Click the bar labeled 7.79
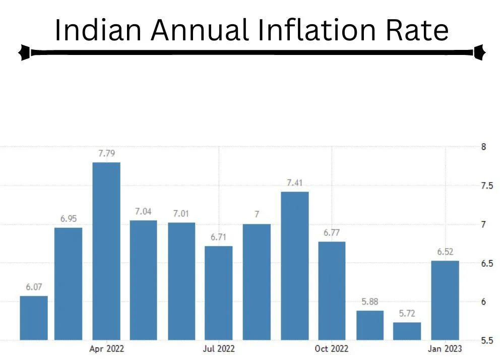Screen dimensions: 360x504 pyautogui.click(x=106, y=251)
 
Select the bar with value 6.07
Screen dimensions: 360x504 pyautogui.click(x=34, y=318)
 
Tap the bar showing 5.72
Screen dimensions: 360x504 pyautogui.click(x=407, y=331)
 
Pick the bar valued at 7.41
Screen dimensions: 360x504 pyautogui.click(x=294, y=265)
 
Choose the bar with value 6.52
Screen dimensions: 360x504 pyautogui.click(x=445, y=300)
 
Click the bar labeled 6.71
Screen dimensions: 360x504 pyautogui.click(x=219, y=292)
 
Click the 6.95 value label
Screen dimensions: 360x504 pyautogui.click(x=68, y=219)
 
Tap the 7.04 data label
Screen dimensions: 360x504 pyautogui.click(x=143, y=212)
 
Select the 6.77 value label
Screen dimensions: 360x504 pyautogui.click(x=332, y=233)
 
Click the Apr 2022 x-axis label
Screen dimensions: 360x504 pyautogui.click(x=106, y=349)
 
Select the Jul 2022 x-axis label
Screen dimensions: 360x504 pyautogui.click(x=219, y=349)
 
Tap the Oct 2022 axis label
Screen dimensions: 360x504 pyautogui.click(x=332, y=349)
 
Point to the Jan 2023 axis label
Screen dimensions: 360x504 pyautogui.click(x=445, y=349)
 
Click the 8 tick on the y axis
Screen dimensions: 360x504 pyautogui.click(x=483, y=147)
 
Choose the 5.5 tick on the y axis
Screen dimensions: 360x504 pyautogui.click(x=486, y=340)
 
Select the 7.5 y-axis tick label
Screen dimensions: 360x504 pyautogui.click(x=486, y=186)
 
